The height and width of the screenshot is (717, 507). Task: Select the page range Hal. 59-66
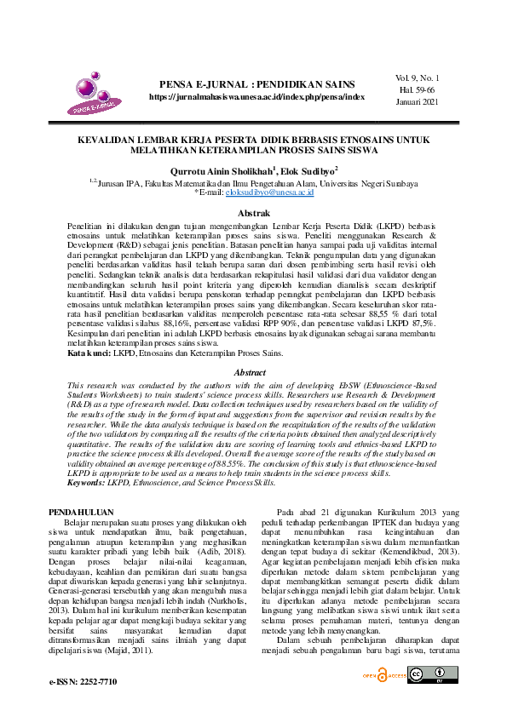pyautogui.click(x=418, y=89)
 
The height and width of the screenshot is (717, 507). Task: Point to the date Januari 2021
pyautogui.click(x=418, y=101)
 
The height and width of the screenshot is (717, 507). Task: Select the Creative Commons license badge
pyautogui.click(x=427, y=675)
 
